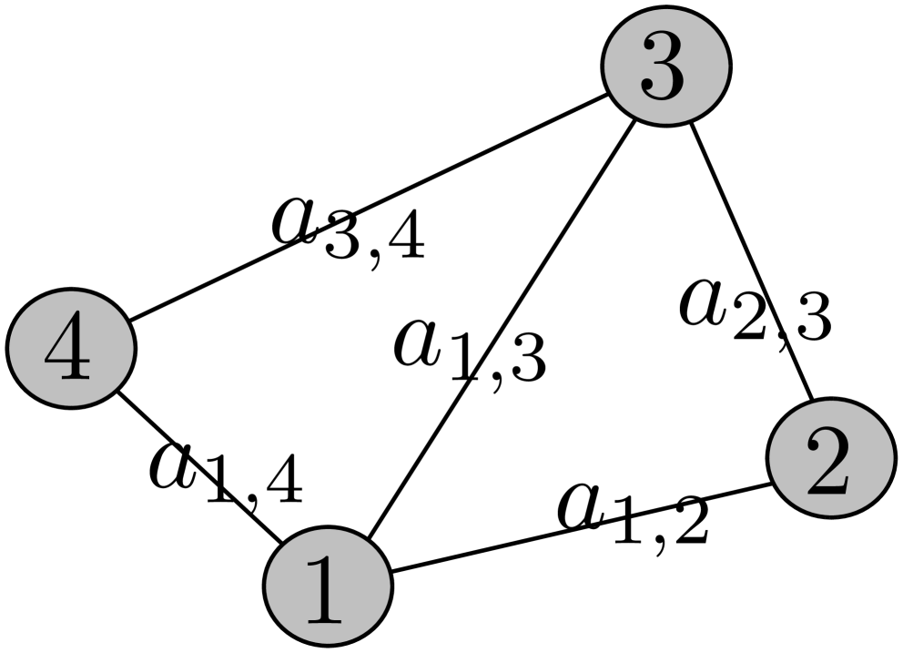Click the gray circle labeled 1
pos(328,586)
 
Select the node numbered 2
pos(831,457)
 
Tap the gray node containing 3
pos(666,66)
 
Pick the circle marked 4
pos(71,348)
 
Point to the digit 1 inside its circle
pos(325,588)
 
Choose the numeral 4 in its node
pos(68,350)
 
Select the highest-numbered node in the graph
pos(71,348)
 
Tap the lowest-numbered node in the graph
pos(328,586)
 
